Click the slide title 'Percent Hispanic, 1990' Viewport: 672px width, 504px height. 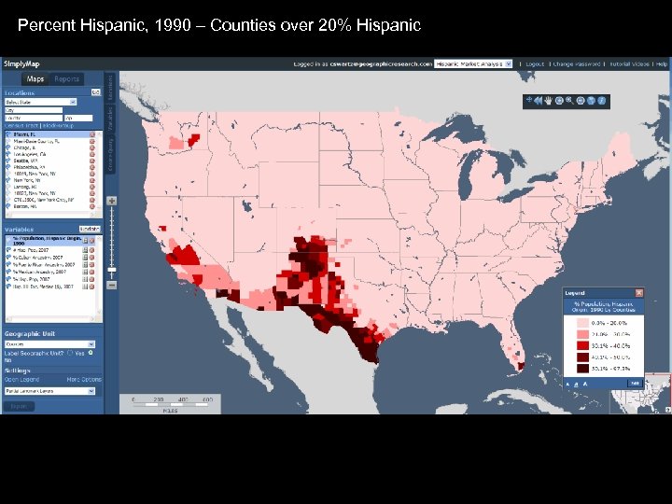(219, 25)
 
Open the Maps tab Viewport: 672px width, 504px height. (35, 79)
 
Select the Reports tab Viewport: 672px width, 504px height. (66, 79)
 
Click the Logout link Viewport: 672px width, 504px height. (534, 64)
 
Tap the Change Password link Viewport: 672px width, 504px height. (576, 64)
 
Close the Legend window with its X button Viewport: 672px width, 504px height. (639, 293)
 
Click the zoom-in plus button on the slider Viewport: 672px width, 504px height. (112, 201)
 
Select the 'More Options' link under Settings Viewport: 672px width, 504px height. (84, 380)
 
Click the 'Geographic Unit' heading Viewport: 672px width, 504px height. (30, 334)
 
